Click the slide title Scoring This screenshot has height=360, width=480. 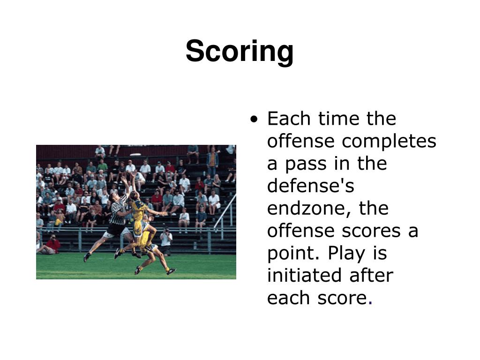pos(240,51)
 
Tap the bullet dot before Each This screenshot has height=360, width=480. pos(254,120)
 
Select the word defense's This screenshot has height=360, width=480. pos(310,186)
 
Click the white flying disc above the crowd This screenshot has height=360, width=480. pos(136,154)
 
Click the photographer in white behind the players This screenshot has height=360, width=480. pos(166,239)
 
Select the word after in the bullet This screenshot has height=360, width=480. pos(371,276)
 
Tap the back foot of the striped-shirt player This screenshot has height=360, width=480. pos(87,257)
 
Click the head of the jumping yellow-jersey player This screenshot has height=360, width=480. pos(134,195)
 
